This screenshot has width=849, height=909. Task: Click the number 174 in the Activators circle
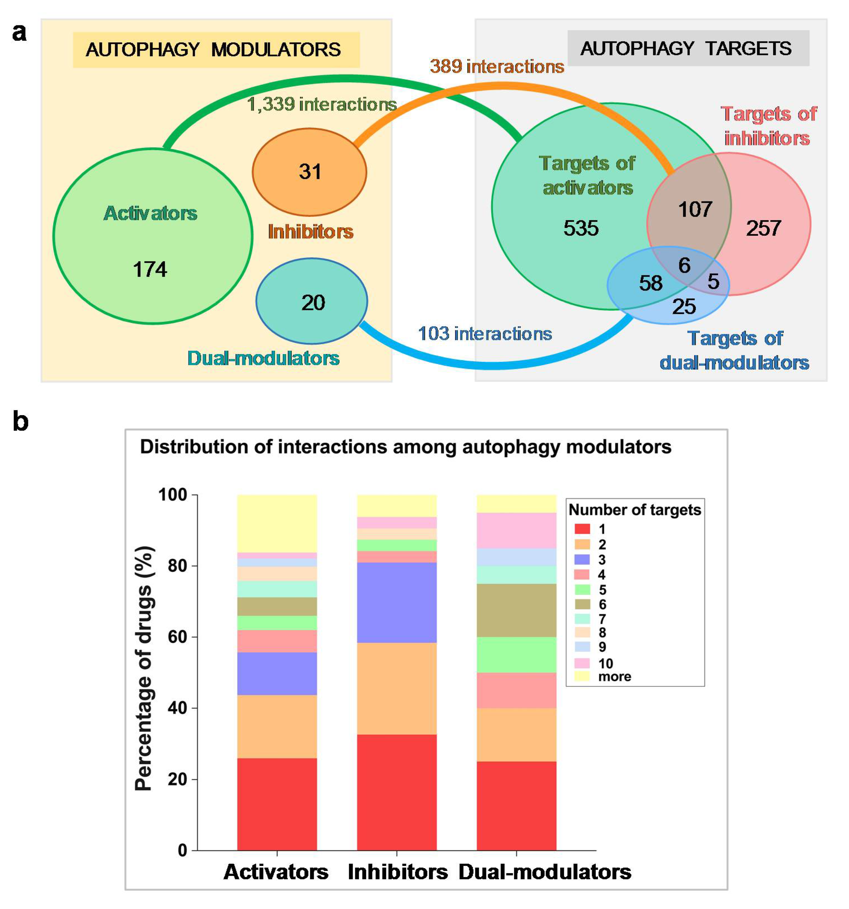[x=150, y=269]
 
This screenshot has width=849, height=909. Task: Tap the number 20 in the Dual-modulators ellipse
[x=313, y=303]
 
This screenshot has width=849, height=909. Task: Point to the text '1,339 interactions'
[x=322, y=105]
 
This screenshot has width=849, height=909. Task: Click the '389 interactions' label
[x=497, y=67]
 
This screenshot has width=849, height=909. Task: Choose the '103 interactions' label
[x=485, y=334]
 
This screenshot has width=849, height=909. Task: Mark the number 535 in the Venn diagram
[x=581, y=228]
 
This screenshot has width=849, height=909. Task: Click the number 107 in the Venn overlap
[x=695, y=209]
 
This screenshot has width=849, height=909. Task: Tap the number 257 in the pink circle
[x=763, y=228]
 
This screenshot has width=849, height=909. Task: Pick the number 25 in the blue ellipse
[x=684, y=306]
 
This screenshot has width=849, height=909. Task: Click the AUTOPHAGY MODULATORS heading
[x=213, y=49]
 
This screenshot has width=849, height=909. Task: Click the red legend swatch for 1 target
[x=582, y=529]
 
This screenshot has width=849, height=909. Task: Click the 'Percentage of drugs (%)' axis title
[x=144, y=668]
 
